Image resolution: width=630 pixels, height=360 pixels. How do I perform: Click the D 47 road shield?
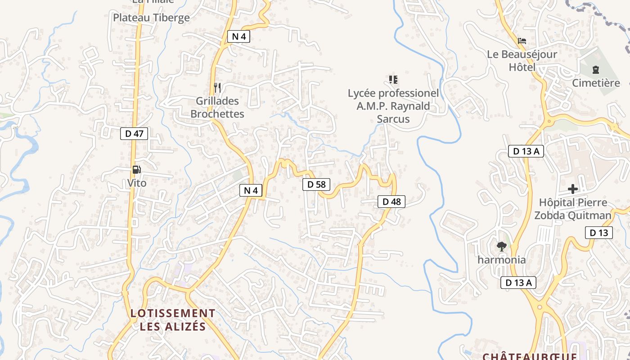[134, 133]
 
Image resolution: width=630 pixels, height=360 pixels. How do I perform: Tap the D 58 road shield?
[316, 184]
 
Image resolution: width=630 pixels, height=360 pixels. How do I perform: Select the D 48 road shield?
[391, 202]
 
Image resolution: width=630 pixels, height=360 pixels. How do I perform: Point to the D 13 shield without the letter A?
[598, 233]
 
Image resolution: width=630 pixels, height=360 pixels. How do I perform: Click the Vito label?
[137, 183]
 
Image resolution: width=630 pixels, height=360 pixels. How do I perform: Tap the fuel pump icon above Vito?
[136, 170]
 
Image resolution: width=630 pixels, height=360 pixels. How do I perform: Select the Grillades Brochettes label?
[217, 108]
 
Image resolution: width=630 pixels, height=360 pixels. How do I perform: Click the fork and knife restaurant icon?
[217, 87]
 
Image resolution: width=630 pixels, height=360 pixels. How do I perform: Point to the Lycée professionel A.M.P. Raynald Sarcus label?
[393, 106]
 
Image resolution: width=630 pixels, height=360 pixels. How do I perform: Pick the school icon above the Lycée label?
[393, 80]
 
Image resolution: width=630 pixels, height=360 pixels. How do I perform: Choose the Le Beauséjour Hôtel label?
[522, 61]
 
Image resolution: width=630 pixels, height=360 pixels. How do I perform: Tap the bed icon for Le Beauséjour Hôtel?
[522, 41]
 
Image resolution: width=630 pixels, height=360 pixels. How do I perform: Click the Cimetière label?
[596, 83]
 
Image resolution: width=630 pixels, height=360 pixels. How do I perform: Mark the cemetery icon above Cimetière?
[596, 70]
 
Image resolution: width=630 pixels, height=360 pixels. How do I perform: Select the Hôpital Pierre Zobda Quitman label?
[573, 209]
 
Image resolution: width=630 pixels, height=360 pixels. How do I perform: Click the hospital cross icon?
[573, 189]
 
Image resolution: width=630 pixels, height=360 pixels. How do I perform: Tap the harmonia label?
[501, 260]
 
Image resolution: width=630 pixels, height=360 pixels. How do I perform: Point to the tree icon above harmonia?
[501, 246]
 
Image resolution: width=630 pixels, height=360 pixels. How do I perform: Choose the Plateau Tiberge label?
[151, 18]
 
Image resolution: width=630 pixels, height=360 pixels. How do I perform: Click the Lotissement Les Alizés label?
[173, 319]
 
